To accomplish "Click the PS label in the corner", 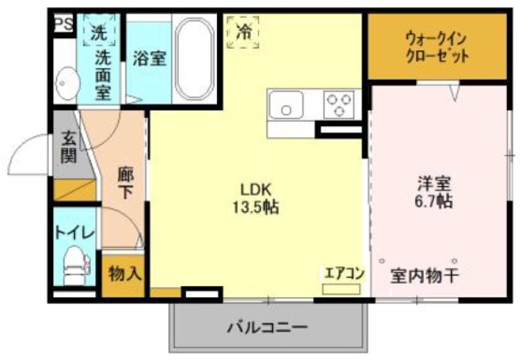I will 63,23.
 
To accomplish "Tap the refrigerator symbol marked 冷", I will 244,33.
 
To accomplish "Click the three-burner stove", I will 340,105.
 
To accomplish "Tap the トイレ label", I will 74,232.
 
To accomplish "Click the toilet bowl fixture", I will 75,266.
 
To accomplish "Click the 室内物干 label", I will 424,275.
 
